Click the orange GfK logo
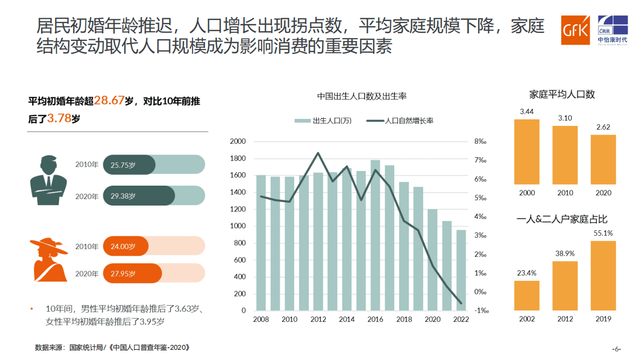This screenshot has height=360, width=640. pos(575,30)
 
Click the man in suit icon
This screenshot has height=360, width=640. pos(49,180)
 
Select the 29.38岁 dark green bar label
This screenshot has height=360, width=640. pos(123,196)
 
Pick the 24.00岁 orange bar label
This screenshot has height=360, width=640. pos(123,246)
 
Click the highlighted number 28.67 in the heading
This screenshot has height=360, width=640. pos(109,101)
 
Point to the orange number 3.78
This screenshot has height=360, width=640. pos(59,118)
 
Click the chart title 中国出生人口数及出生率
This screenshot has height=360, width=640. pos(361,96)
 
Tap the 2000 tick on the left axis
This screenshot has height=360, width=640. pos(237,142)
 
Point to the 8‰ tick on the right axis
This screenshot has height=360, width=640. pos(480,142)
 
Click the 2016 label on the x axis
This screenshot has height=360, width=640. pos(375,319)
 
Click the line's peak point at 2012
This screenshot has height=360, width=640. pos(318,153)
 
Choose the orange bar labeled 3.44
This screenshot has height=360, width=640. pos(527,152)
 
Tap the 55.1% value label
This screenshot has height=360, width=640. pos(603,234)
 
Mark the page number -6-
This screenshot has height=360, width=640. pos(616,348)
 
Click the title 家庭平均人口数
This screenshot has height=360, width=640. pos(562,95)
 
